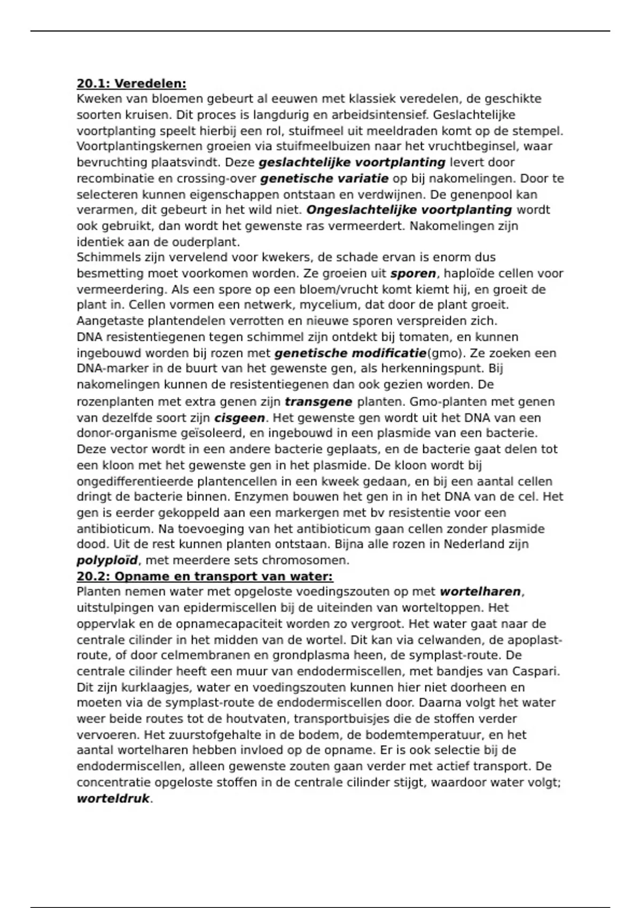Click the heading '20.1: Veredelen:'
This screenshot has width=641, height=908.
(x=131, y=84)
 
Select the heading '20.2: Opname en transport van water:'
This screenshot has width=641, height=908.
(x=205, y=577)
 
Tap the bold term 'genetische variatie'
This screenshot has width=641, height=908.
(x=324, y=178)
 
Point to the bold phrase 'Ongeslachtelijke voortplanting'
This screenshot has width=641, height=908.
(x=409, y=210)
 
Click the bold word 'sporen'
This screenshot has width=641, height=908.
(x=413, y=273)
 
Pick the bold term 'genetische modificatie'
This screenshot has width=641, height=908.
(x=350, y=353)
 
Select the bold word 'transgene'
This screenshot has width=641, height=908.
(x=318, y=402)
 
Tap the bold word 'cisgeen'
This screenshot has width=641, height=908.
(x=239, y=418)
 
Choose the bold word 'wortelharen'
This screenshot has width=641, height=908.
(x=480, y=592)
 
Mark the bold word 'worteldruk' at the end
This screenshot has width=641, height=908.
(x=113, y=799)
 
